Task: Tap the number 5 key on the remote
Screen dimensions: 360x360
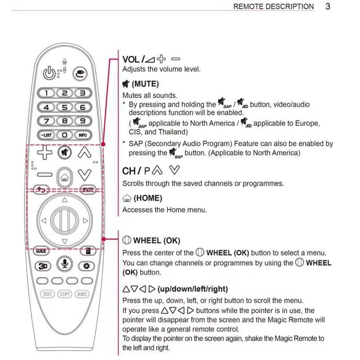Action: (65, 108)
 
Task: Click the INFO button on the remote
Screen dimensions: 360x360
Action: (82, 135)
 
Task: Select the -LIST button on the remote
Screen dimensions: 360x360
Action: (47, 135)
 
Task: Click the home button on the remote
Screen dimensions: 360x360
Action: (64, 175)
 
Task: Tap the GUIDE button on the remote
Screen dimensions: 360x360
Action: (41, 251)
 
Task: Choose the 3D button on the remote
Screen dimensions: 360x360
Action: (43, 265)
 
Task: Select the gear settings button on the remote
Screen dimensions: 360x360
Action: (86, 265)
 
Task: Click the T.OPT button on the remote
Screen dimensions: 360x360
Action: (64, 294)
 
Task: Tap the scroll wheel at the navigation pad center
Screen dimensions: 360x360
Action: (64, 220)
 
